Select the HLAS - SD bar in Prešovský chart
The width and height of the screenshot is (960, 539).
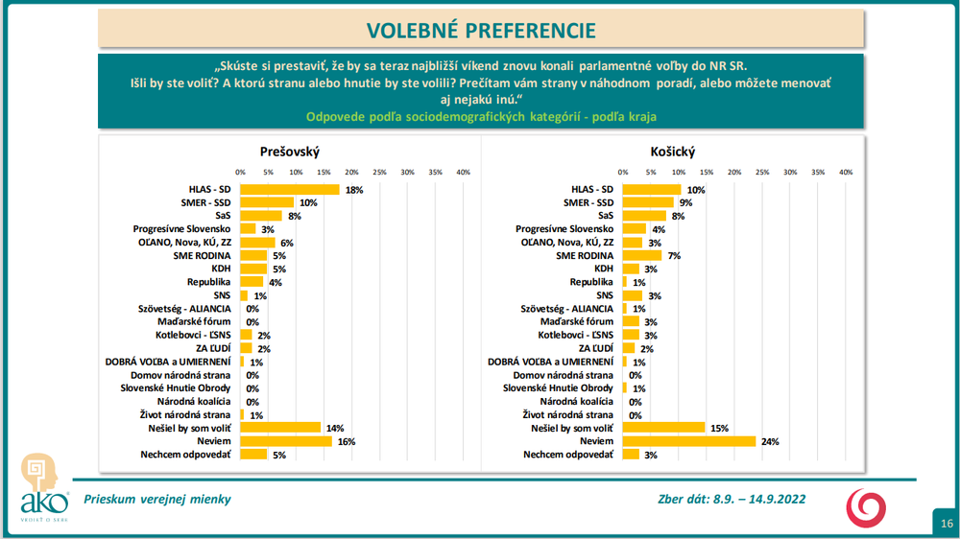pyautogui.click(x=289, y=189)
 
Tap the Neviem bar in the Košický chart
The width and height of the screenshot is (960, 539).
pyautogui.click(x=689, y=441)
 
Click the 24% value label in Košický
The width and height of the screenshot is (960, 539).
pyautogui.click(x=771, y=441)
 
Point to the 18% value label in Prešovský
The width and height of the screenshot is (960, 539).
pyautogui.click(x=354, y=190)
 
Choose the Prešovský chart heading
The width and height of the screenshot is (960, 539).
pyautogui.click(x=289, y=152)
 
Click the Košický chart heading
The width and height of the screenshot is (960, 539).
pyautogui.click(x=672, y=152)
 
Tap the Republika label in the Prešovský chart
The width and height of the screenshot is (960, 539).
pyautogui.click(x=208, y=282)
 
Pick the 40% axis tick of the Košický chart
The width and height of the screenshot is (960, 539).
pyautogui.click(x=846, y=173)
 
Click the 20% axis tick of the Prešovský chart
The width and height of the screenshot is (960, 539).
pyautogui.click(x=351, y=173)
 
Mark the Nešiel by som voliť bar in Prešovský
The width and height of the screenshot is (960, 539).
pyautogui.click(x=279, y=428)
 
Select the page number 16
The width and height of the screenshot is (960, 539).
pyautogui.click(x=947, y=523)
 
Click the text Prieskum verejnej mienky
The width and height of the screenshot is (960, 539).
pyautogui.click(x=157, y=499)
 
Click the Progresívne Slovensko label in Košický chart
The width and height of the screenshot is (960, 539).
pyautogui.click(x=564, y=229)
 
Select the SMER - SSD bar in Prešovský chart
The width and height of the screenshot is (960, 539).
pyautogui.click(x=267, y=202)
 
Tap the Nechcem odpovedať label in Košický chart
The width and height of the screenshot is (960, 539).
pyautogui.click(x=568, y=454)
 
